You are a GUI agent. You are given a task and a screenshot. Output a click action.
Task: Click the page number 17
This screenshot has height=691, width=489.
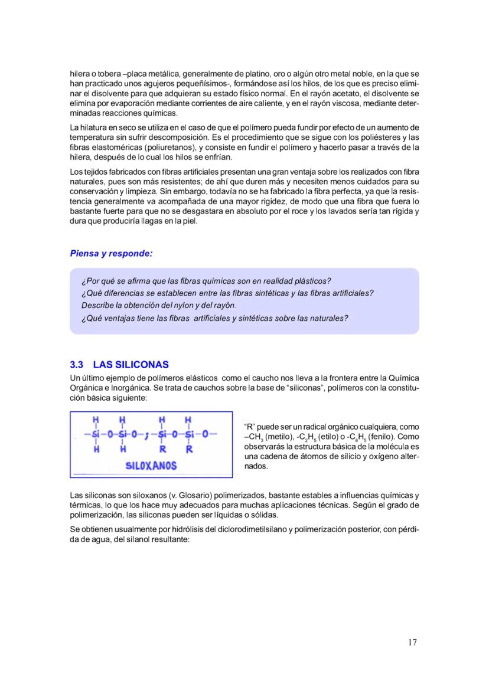412,643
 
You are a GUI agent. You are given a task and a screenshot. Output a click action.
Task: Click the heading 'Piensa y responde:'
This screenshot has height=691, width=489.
111,254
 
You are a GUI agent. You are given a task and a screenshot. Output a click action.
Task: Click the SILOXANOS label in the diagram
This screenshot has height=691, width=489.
151,466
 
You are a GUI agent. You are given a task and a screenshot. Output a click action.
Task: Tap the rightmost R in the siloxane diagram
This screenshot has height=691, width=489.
188,449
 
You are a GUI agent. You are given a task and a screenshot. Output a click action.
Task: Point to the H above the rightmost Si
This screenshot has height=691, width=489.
188,420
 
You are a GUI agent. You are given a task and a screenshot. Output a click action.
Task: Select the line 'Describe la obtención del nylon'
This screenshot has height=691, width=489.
158,305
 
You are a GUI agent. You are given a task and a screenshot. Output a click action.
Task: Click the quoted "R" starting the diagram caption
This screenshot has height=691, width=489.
249,427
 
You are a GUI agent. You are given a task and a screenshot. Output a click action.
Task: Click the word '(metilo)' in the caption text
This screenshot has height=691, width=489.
279,437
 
